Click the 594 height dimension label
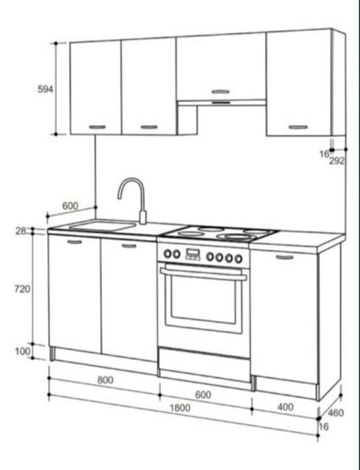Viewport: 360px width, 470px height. [45, 89]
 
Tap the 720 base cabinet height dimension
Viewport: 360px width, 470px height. [22, 289]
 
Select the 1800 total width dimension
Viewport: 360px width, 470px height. [180, 408]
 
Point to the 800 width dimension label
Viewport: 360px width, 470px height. [105, 380]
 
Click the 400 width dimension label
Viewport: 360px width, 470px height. [285, 407]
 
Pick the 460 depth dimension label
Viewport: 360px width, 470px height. [335, 413]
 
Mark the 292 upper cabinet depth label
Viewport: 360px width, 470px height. [337, 161]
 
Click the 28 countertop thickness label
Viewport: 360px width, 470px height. [21, 231]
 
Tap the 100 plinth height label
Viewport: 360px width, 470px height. [22, 351]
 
